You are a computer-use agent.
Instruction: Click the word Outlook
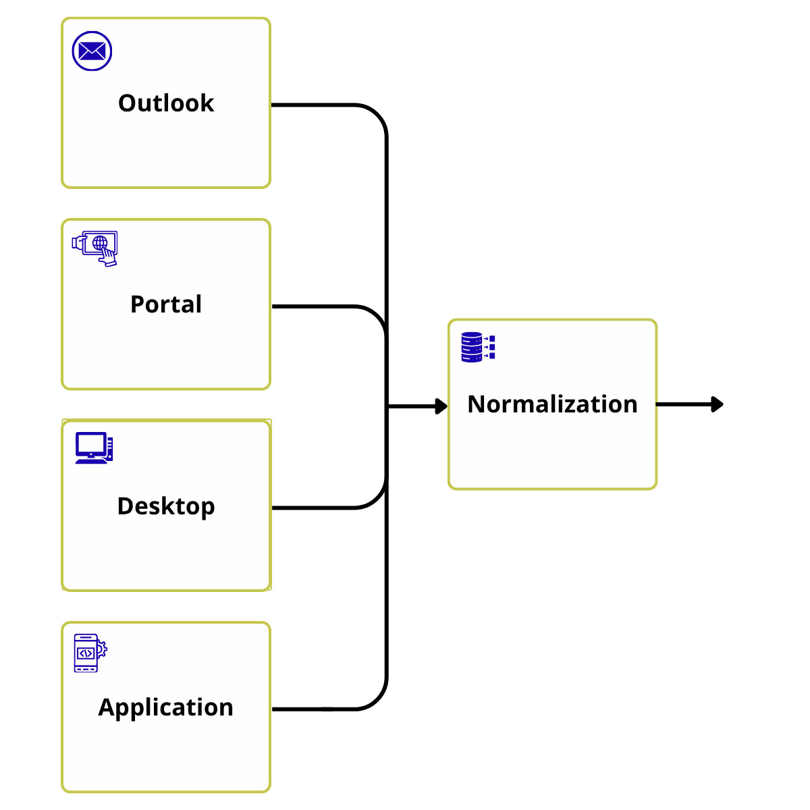tap(165, 103)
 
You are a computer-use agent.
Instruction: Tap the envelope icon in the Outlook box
tap(92, 51)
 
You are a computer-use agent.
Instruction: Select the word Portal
tap(166, 304)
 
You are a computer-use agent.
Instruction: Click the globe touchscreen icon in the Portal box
tap(94, 248)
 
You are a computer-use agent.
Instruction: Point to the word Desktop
tap(166, 507)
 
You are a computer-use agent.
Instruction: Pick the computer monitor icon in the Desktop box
tap(94, 448)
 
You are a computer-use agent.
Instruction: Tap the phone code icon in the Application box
tap(90, 653)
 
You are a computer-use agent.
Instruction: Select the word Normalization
tap(552, 404)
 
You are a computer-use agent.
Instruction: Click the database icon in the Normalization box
tap(478, 347)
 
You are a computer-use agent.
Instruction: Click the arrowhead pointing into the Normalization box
tap(441, 406)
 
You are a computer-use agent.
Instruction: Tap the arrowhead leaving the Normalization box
tap(718, 404)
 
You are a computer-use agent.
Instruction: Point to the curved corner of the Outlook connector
tap(377, 114)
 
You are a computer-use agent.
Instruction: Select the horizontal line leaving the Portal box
tap(314, 306)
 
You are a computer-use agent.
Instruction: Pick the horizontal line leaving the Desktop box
tap(314, 508)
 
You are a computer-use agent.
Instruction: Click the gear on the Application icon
tap(103, 649)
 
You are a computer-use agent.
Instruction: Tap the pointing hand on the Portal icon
tap(109, 257)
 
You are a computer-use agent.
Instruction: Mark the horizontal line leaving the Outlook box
tap(314, 105)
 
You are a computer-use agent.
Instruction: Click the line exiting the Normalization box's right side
tap(684, 404)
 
